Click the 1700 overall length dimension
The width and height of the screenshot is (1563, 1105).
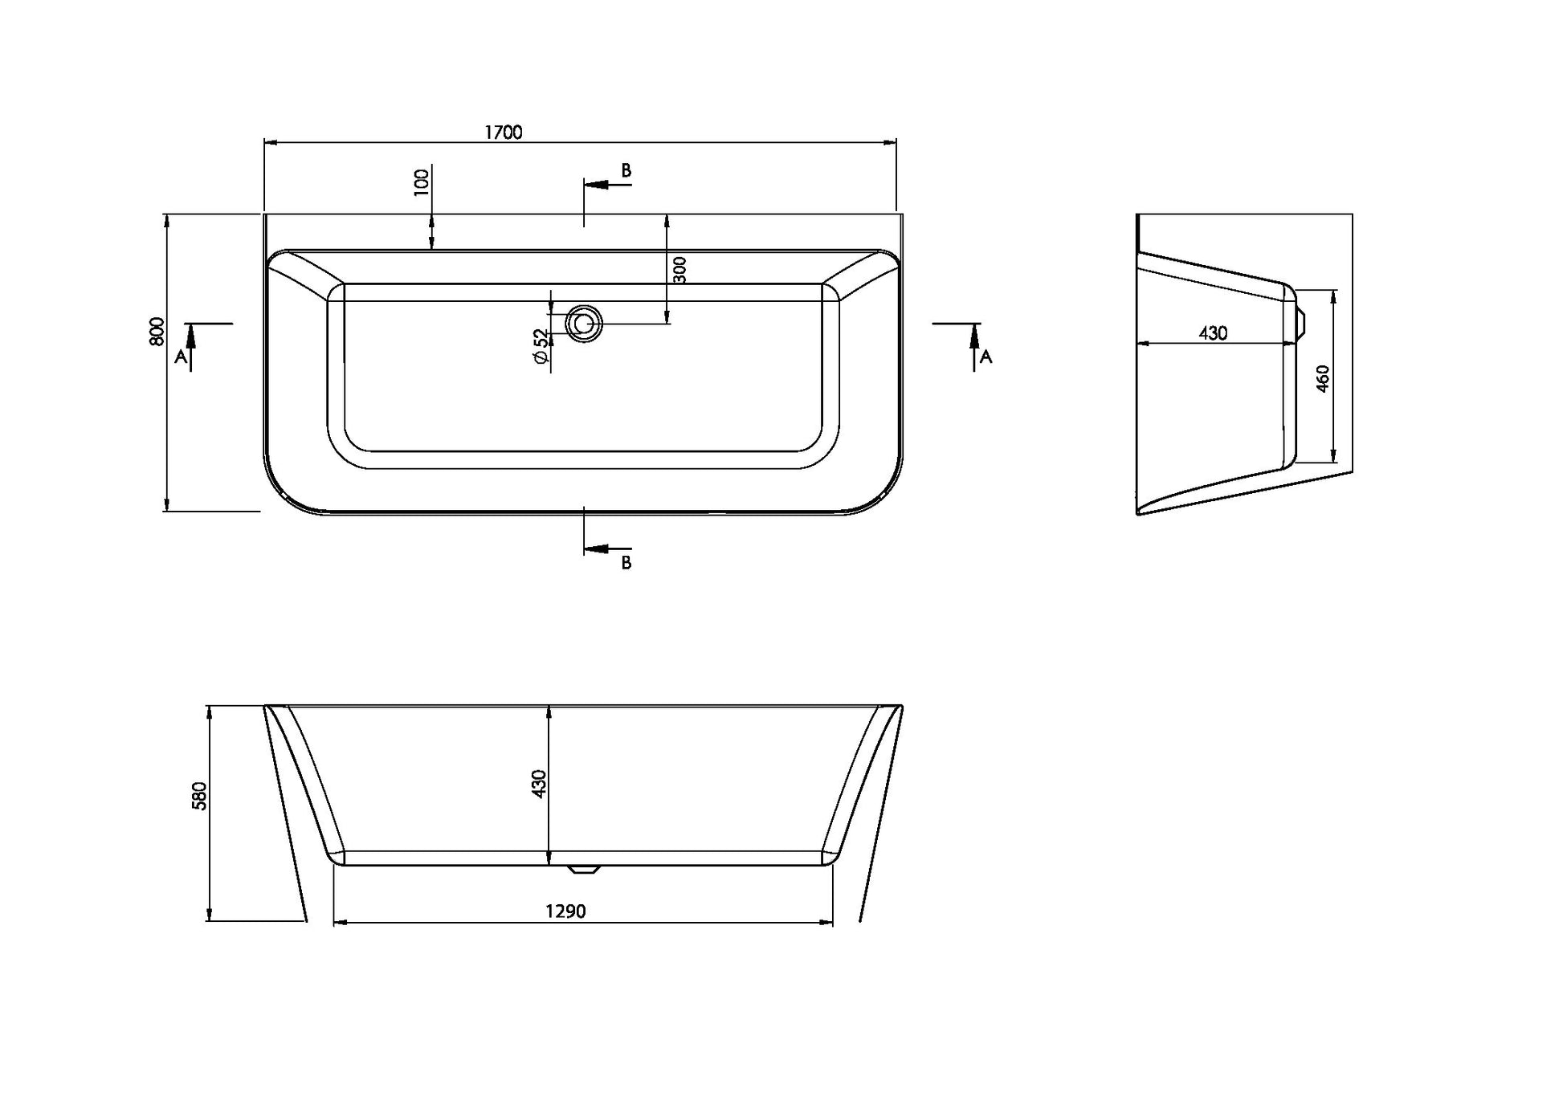coord(504,133)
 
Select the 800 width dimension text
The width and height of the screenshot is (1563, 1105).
coord(157,332)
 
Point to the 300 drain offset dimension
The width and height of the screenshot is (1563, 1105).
coord(679,270)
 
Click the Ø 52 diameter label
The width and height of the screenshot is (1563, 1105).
coord(541,348)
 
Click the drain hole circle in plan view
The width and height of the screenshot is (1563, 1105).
coord(584,324)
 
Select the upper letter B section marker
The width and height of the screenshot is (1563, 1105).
coord(626,170)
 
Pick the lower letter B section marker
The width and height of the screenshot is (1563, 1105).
coord(626,563)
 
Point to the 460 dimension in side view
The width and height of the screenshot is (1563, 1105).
coord(1323,378)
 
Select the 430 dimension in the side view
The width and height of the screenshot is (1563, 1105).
coord(1213,333)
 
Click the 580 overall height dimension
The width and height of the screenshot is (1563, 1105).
coord(200,796)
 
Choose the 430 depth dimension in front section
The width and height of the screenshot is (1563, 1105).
coord(539,784)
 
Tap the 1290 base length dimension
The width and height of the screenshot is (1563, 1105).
coord(565,911)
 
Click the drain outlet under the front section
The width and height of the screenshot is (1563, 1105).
coord(583,869)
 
